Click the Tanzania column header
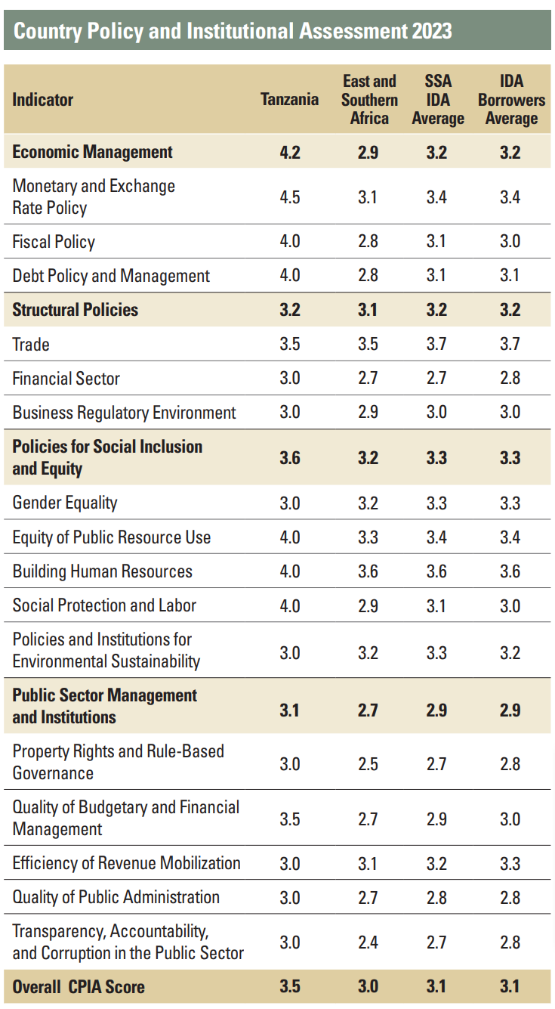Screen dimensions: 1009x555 (x=289, y=100)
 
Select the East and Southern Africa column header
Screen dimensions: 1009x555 (x=369, y=100)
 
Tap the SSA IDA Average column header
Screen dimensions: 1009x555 (x=437, y=100)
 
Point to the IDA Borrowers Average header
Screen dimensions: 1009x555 (x=511, y=100)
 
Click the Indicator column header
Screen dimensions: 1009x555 (x=43, y=100)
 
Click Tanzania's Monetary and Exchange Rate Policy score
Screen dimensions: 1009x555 (x=290, y=197)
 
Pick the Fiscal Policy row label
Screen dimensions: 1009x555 (x=54, y=242)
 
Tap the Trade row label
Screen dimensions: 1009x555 (x=31, y=345)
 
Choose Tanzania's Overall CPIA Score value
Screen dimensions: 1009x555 (x=290, y=986)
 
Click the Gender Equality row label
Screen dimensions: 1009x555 (x=65, y=503)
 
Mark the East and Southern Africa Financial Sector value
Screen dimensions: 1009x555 (x=368, y=379)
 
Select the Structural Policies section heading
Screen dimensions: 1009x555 (x=76, y=309)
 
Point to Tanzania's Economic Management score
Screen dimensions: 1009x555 (x=290, y=152)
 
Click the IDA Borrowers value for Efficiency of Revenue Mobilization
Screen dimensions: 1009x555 (x=510, y=864)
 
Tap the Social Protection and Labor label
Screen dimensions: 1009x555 (x=104, y=605)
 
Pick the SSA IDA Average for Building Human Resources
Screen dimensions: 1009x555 (x=436, y=571)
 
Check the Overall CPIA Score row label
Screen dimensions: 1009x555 (x=79, y=986)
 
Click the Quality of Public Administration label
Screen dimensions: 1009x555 (x=116, y=897)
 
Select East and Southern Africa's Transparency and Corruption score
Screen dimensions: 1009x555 (x=368, y=942)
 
